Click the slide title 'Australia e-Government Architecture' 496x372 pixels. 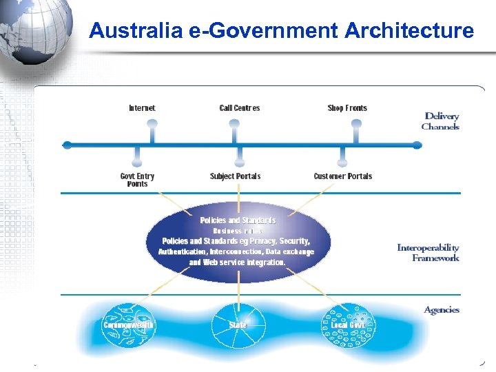point(281,31)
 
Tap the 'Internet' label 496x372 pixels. point(142,108)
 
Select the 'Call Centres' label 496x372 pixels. point(239,108)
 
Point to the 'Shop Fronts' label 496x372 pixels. point(347,108)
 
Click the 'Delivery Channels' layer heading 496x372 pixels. point(441,121)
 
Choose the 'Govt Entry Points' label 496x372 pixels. point(137,180)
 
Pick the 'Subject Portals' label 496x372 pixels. point(235,176)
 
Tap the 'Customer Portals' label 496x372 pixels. point(342,176)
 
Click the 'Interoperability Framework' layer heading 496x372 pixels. point(428,253)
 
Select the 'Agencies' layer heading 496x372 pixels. point(442,310)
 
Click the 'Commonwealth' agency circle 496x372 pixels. point(129,324)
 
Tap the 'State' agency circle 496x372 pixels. point(238,324)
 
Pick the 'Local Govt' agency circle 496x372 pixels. point(348,324)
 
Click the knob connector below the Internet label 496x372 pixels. point(152,124)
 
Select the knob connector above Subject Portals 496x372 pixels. point(239,163)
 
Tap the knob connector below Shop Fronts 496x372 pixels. point(356,124)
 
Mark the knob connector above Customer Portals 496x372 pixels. point(342,163)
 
